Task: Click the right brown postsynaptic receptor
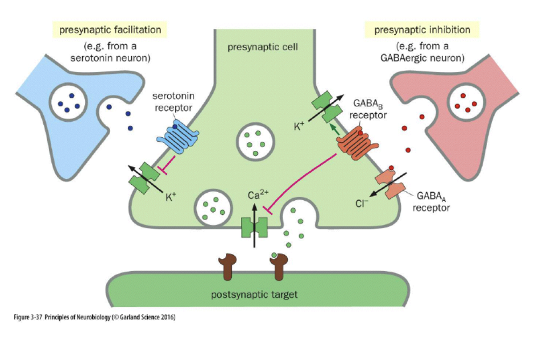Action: (x=282, y=267)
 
